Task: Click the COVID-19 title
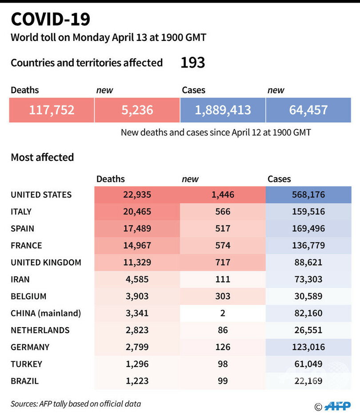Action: tap(50, 19)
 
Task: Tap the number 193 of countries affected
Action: tap(192, 63)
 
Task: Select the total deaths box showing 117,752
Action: tap(52, 110)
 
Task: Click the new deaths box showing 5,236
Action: tap(137, 110)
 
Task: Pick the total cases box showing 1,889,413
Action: tap(223, 110)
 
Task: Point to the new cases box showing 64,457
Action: tap(308, 110)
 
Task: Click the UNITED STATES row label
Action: tap(41, 195)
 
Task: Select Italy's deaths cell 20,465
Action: tap(137, 211)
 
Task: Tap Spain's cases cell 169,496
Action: tap(308, 228)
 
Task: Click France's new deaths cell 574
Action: tap(222, 245)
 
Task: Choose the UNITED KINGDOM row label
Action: tap(46, 262)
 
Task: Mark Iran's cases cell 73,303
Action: tap(308, 279)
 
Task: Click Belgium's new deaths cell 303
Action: tap(222, 296)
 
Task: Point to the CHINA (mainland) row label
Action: tap(46, 313)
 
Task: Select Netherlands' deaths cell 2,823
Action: tap(137, 330)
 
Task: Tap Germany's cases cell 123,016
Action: tap(308, 347)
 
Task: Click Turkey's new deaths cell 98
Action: tap(222, 364)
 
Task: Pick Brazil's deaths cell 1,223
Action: tap(137, 381)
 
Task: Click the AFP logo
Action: tap(337, 406)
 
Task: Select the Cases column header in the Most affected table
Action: tap(279, 179)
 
